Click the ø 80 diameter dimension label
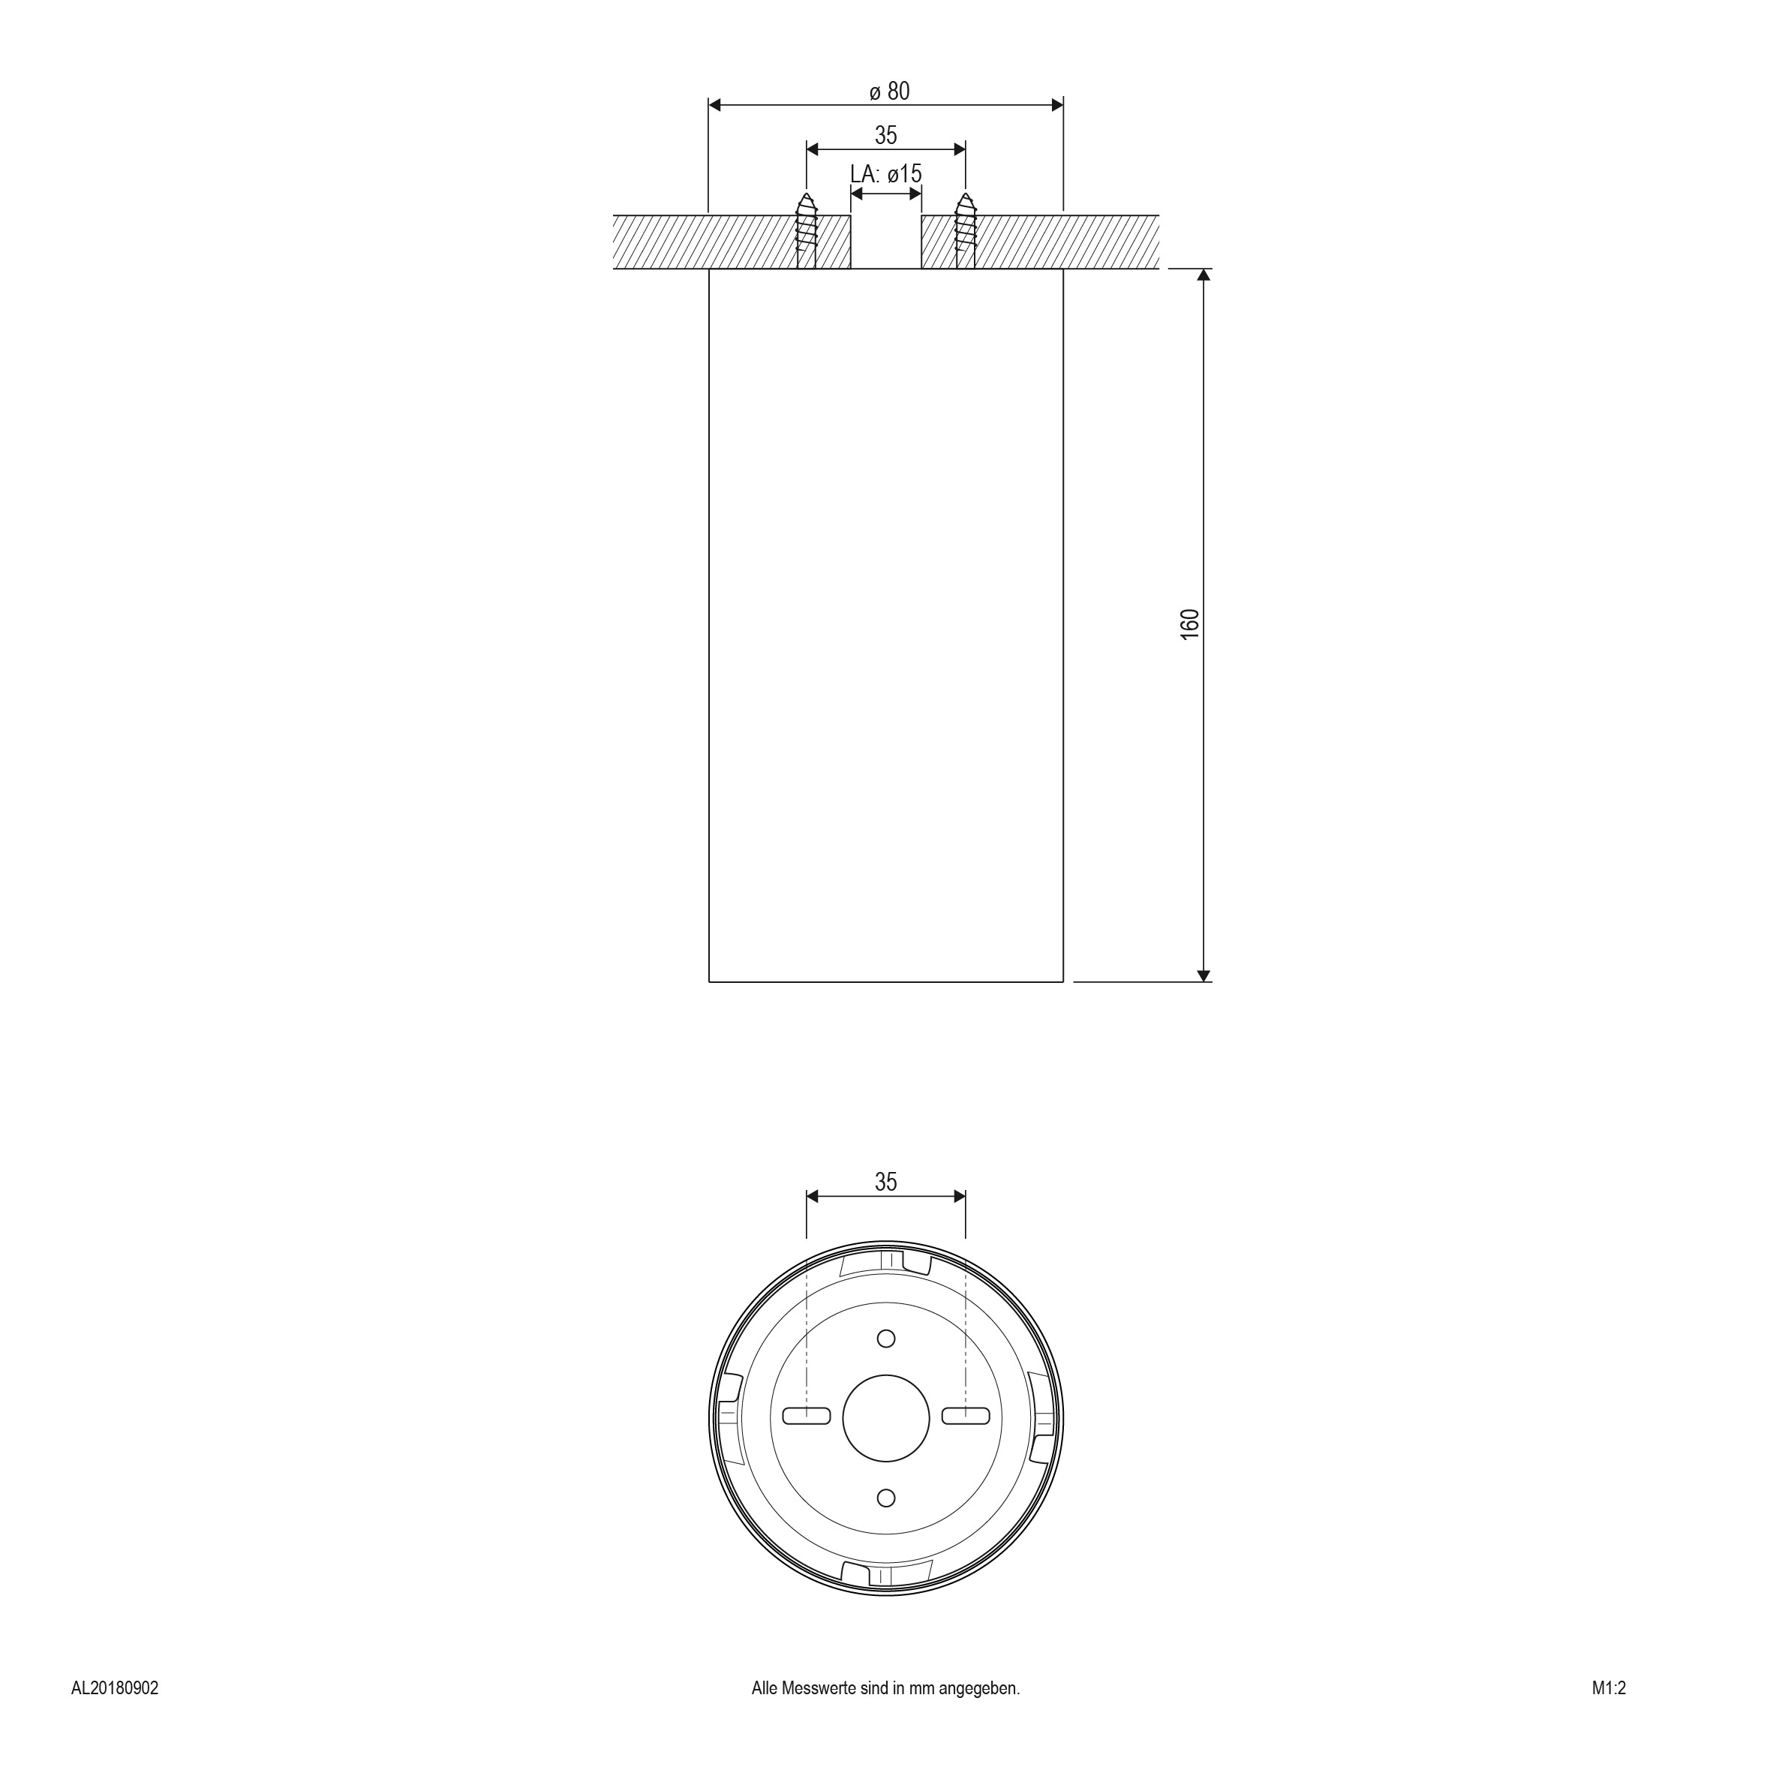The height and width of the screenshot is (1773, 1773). [x=889, y=91]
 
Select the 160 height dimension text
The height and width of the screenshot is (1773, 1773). [x=1189, y=624]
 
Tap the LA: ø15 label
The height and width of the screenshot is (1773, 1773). [x=885, y=173]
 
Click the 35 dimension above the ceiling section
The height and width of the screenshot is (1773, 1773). [x=885, y=135]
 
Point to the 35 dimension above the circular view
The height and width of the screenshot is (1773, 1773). [x=885, y=1182]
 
